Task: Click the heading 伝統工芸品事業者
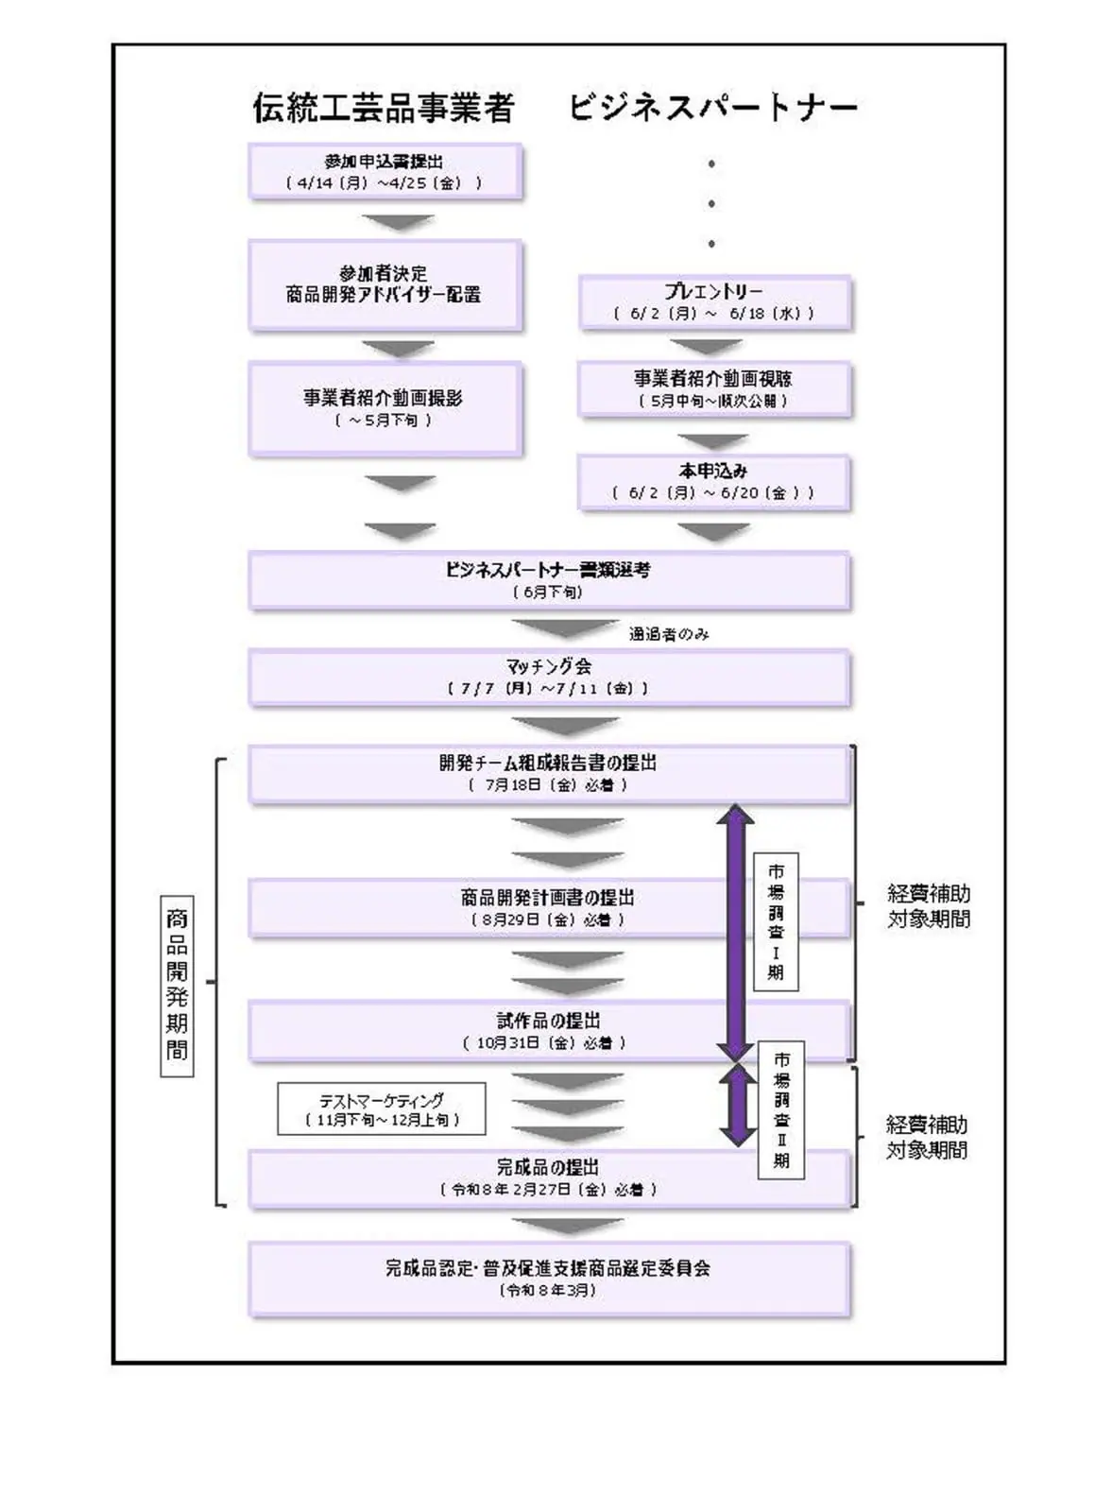tap(383, 108)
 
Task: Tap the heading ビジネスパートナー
tap(712, 108)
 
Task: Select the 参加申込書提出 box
tap(385, 171)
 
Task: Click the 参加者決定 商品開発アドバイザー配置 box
tap(385, 284)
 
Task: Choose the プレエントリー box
tap(714, 301)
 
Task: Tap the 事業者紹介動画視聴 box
tap(714, 388)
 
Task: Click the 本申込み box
tap(714, 482)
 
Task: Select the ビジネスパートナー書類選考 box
tap(548, 580)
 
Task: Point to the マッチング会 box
tap(548, 677)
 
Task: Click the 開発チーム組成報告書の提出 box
tap(548, 773)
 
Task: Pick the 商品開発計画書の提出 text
tap(548, 898)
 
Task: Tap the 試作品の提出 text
tap(548, 1021)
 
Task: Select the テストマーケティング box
tap(382, 1108)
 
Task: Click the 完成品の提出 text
tap(548, 1168)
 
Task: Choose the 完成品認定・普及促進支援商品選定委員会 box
tap(548, 1278)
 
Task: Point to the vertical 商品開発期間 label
tap(177, 985)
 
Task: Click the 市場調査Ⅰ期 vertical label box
tap(776, 921)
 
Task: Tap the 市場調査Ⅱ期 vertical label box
tap(781, 1109)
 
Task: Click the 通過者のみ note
tap(669, 634)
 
